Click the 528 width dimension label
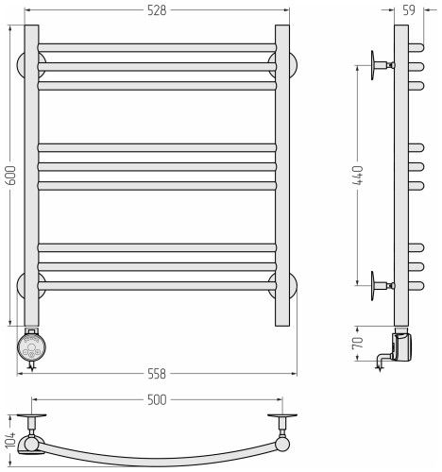pyautogui.click(x=157, y=10)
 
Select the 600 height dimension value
pyautogui.click(x=10, y=176)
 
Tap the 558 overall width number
pyautogui.click(x=157, y=374)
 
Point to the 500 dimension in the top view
pyautogui.click(x=157, y=399)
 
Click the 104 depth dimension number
pyautogui.click(x=10, y=440)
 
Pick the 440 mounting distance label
pyautogui.click(x=358, y=176)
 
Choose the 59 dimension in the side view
pyautogui.click(x=409, y=10)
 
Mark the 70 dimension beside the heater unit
pyautogui.click(x=358, y=343)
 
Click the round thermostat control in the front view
pyautogui.click(x=32, y=347)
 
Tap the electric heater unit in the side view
pyautogui.click(x=402, y=347)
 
